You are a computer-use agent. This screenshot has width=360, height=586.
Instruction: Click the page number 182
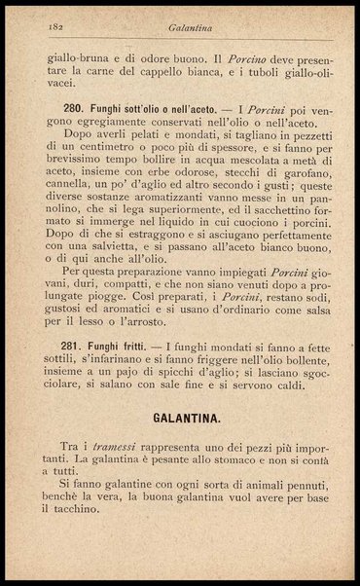[40, 31]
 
